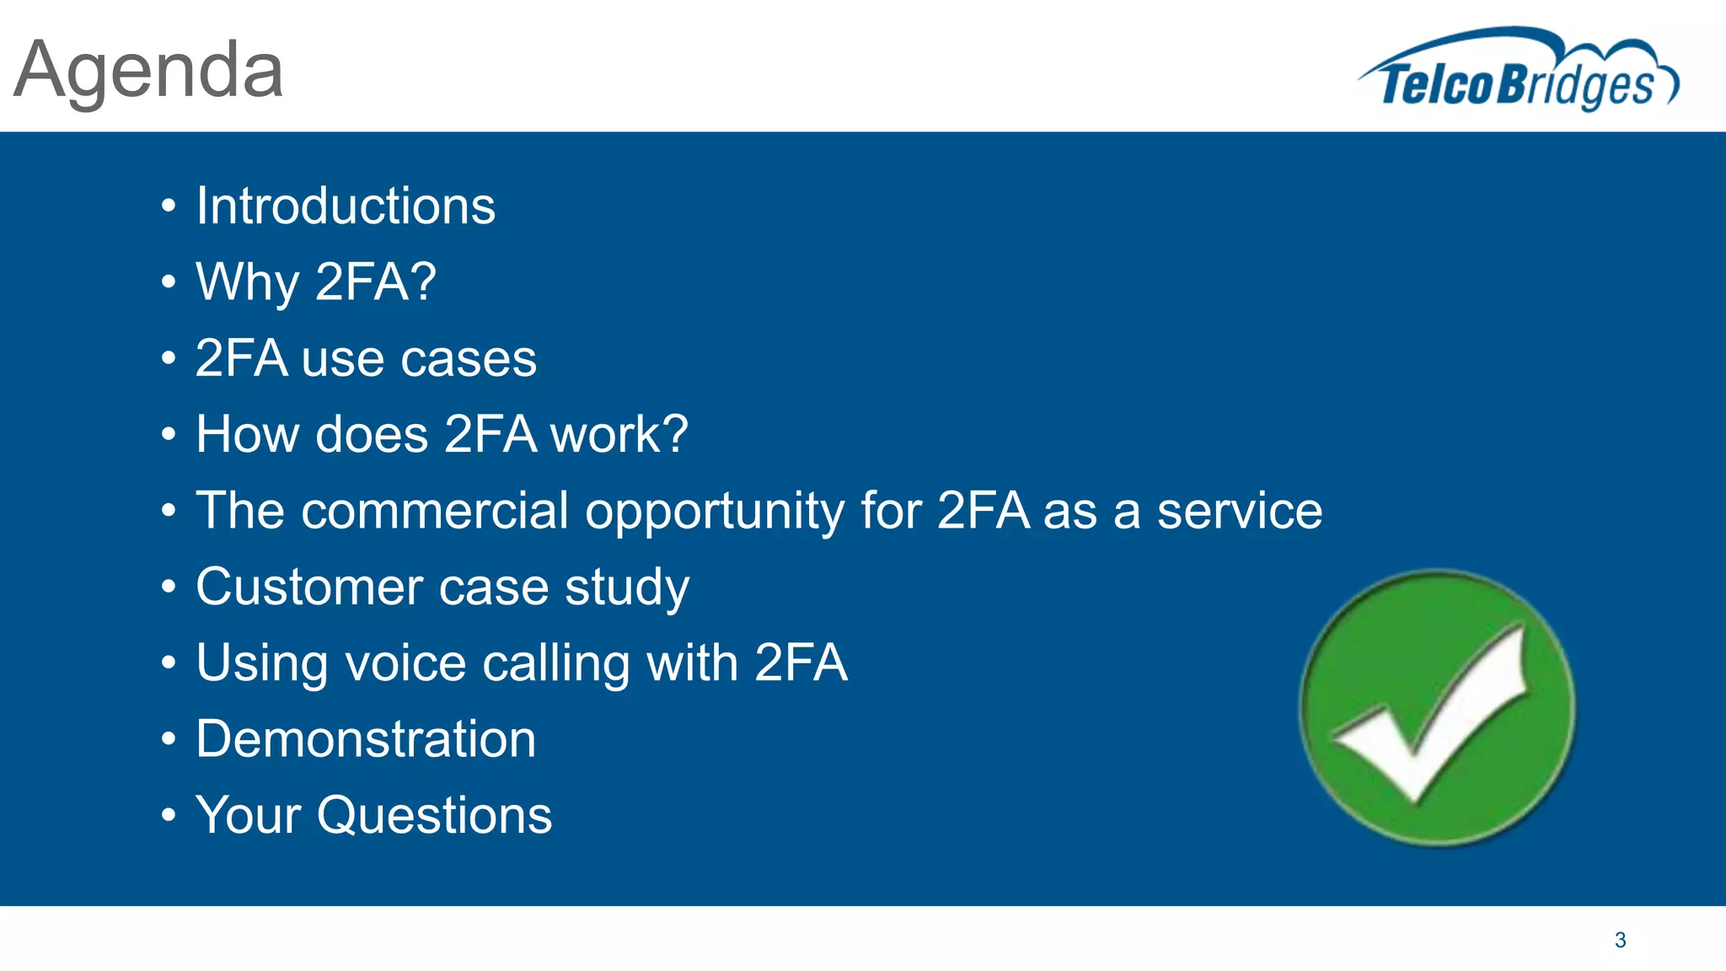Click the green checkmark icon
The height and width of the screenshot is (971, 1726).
pyautogui.click(x=1437, y=708)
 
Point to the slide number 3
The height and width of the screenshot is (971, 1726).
pyautogui.click(x=1620, y=940)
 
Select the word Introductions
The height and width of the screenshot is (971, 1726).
pyautogui.click(x=346, y=206)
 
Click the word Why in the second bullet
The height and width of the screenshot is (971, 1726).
pyautogui.click(x=247, y=282)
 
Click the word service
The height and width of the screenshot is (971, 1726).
pyautogui.click(x=1239, y=511)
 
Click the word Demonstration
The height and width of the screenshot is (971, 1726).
pyautogui.click(x=366, y=739)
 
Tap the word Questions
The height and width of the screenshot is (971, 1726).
pyautogui.click(x=434, y=816)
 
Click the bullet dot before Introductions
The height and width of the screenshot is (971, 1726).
pyautogui.click(x=169, y=207)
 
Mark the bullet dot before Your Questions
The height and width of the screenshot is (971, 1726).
pyautogui.click(x=169, y=816)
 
